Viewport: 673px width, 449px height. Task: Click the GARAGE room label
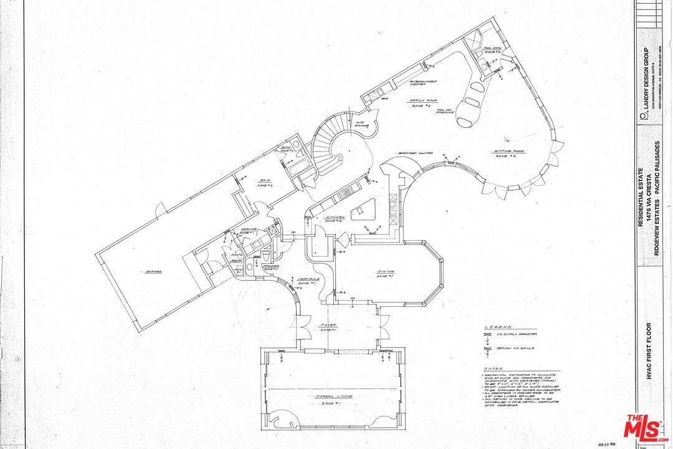155,272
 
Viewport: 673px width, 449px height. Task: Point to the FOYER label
328,324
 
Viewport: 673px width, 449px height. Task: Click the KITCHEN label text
335,218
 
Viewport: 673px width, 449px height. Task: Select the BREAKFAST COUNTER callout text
416,153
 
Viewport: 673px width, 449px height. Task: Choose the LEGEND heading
499,326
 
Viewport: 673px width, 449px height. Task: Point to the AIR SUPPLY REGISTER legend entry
517,335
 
